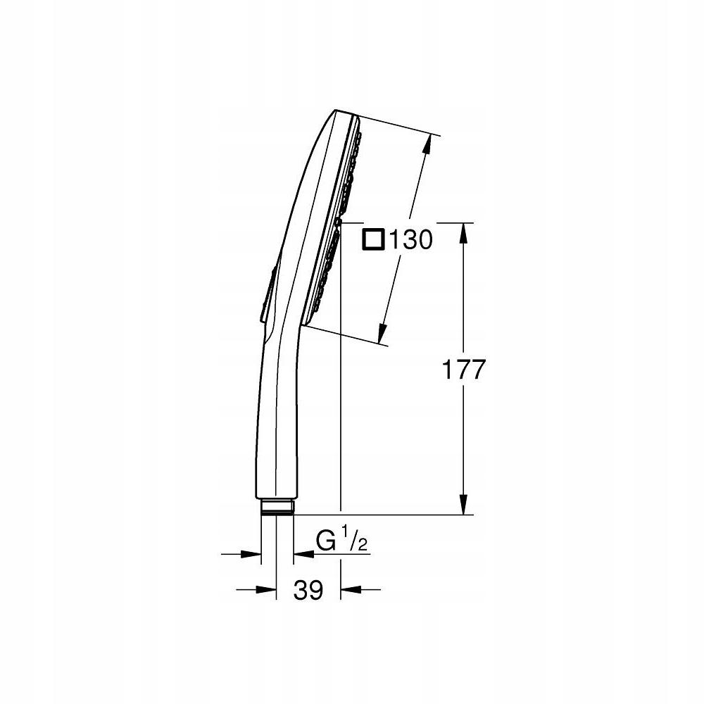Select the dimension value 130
[407, 241]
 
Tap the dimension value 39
[308, 590]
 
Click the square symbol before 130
[372, 240]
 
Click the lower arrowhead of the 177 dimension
[463, 505]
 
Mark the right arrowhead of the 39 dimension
[349, 589]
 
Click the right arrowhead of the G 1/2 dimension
[302, 554]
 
